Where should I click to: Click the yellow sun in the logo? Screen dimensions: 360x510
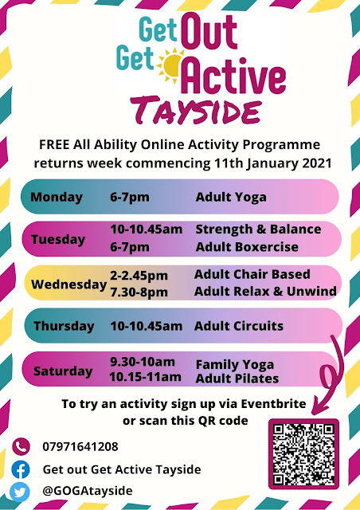tap(169, 65)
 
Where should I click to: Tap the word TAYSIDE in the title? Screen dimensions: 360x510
tap(196, 110)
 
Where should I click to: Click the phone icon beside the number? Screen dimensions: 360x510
tap(21, 447)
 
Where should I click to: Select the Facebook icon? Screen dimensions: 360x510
tap(21, 469)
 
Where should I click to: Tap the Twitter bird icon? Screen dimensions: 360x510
tap(19, 492)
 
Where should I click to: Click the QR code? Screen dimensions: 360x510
tap(303, 454)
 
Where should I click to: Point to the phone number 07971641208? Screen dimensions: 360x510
tap(80, 446)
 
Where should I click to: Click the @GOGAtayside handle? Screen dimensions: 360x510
tap(88, 491)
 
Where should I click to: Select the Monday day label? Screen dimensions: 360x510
tap(57, 197)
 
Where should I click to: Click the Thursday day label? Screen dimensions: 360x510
tap(64, 326)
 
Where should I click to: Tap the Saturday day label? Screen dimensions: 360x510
tap(63, 371)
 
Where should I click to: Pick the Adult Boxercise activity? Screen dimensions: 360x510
tap(247, 247)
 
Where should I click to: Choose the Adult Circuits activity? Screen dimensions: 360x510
tap(239, 326)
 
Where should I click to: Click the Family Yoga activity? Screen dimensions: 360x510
tap(235, 365)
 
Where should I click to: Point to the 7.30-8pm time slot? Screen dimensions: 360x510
tap(139, 292)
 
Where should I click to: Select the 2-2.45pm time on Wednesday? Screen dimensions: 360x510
tap(139, 276)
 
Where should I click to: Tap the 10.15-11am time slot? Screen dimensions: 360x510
tap(146, 377)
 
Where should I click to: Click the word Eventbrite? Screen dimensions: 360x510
tap(273, 404)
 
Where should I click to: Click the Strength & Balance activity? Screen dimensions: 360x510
tap(258, 229)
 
